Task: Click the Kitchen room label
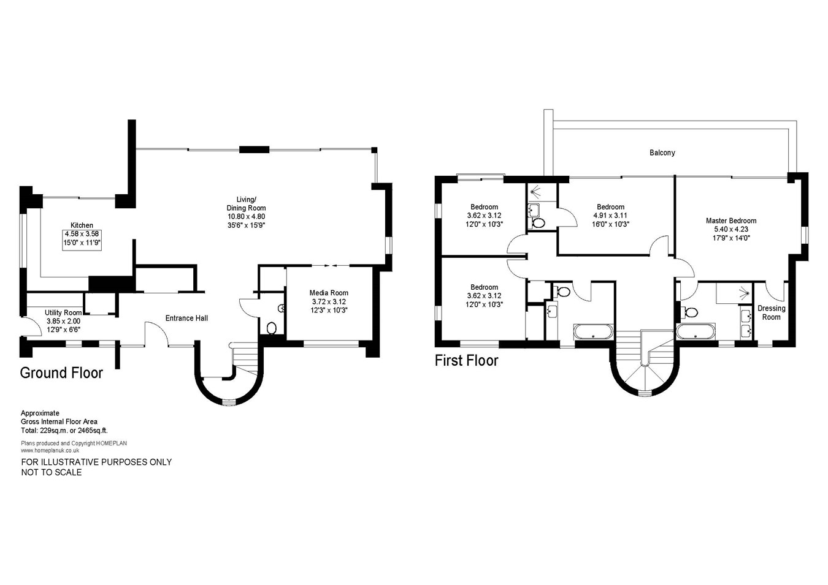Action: pos(82,225)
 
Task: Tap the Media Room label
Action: pos(329,293)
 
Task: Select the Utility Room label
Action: pos(63,312)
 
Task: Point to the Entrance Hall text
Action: pos(186,318)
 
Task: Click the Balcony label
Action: pos(662,153)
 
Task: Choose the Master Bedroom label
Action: pos(730,221)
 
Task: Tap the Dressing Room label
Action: pos(771,312)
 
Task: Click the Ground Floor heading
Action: pos(61,373)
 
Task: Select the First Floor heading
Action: pos(467,361)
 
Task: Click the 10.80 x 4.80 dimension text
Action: pos(246,217)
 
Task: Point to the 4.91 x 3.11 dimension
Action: pos(610,215)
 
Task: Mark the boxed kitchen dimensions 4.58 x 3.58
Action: pos(82,234)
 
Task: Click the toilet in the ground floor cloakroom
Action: pos(271,328)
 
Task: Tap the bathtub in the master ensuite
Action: pos(696,331)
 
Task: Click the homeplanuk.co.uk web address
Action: pos(50,450)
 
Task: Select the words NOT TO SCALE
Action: pos(52,472)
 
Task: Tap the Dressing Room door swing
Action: pos(775,292)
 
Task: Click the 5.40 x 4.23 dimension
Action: pos(731,229)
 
